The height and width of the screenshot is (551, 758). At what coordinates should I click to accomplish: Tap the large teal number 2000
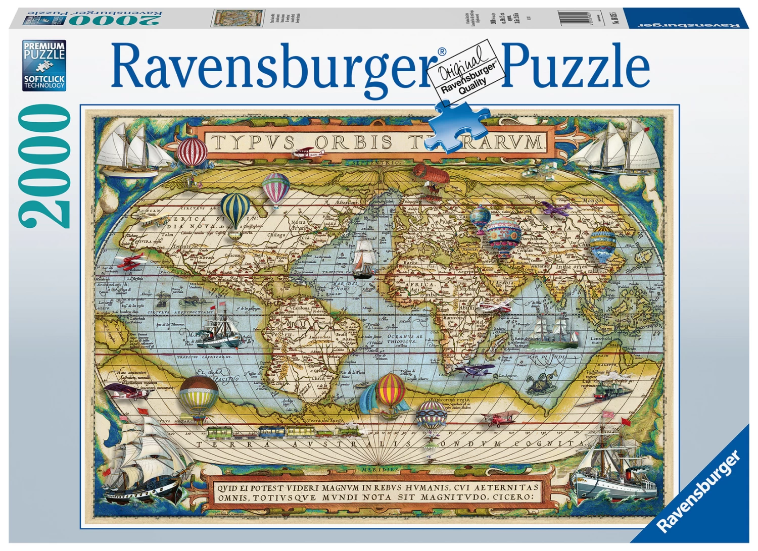tap(44, 167)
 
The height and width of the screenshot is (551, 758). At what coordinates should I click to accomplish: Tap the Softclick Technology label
tap(44, 82)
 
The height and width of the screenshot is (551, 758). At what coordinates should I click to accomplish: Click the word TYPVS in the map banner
tap(253, 143)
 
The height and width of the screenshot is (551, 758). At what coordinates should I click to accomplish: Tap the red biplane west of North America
tap(129, 262)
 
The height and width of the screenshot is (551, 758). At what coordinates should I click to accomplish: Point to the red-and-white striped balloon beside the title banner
tap(193, 151)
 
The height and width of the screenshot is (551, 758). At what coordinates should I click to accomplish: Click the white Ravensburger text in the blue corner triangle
tap(700, 492)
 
